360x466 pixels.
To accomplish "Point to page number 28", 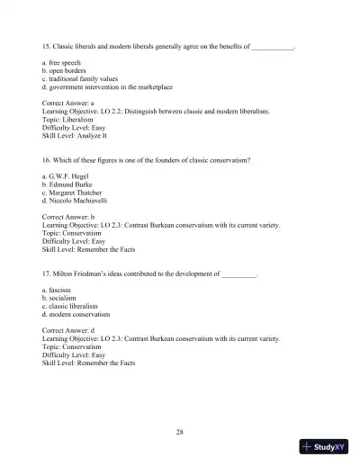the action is (180, 434).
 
